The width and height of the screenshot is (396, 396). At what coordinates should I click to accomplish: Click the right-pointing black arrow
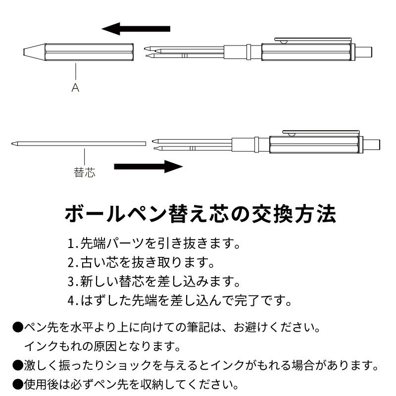(x=148, y=166)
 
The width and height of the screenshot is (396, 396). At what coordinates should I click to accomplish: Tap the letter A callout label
(x=75, y=88)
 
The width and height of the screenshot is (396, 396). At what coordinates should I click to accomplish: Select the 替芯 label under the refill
(x=84, y=173)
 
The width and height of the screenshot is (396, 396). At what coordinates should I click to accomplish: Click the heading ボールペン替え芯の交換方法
(x=200, y=214)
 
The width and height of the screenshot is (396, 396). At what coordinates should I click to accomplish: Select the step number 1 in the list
(x=70, y=245)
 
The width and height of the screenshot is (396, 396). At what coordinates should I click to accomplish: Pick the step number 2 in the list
(x=70, y=263)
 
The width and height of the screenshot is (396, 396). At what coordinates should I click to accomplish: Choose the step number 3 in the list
(x=70, y=282)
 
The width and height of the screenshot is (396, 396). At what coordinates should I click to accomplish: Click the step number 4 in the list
(x=70, y=300)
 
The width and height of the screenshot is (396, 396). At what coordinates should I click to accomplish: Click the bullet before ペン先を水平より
(x=17, y=328)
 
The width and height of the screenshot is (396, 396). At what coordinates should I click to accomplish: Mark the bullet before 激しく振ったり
(x=17, y=366)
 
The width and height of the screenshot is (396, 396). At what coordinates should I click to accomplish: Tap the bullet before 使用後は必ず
(x=17, y=384)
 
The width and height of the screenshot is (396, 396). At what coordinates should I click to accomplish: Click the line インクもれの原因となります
(x=101, y=346)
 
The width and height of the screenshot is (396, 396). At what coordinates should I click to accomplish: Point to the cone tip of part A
(x=30, y=51)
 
